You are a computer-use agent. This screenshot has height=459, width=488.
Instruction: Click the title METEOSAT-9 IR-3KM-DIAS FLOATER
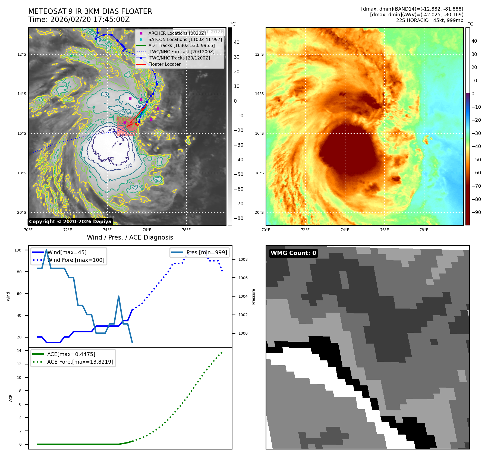pyautogui.click(x=90, y=11)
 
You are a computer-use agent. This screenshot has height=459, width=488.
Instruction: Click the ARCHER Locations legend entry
pyautogui.click(x=177, y=33)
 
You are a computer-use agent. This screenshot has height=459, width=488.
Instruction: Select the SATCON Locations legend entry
pyautogui.click(x=185, y=39)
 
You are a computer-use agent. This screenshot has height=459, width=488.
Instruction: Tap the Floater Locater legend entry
pyautogui.click(x=164, y=64)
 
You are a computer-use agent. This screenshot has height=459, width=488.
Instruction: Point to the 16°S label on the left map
pyautogui.click(x=22, y=134)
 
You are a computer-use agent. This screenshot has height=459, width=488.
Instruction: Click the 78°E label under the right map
pyautogui.click(x=424, y=230)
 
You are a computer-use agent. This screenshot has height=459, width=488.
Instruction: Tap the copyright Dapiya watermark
pyautogui.click(x=70, y=222)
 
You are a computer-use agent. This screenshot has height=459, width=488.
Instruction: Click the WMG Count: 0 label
pyautogui.click(x=293, y=253)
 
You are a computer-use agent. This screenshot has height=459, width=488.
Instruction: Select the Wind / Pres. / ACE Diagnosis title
pyautogui.click(x=130, y=238)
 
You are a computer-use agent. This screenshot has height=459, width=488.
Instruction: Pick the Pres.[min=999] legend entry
pyautogui.click(x=206, y=253)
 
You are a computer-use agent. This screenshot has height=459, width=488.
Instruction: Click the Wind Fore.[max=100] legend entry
pyautogui.click(x=76, y=260)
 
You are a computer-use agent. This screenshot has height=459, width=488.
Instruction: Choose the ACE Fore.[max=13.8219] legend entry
pyautogui.click(x=80, y=362)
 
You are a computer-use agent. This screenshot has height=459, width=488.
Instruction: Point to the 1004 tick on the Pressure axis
pyautogui.click(x=243, y=296)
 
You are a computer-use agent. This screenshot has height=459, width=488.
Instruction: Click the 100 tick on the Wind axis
pyautogui.click(x=18, y=250)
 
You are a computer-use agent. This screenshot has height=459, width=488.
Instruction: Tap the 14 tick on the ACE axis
pyautogui.click(x=19, y=351)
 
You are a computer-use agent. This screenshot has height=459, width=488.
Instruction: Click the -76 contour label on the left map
pyautogui.click(x=128, y=166)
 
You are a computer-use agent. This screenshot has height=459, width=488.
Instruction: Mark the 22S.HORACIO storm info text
pyautogui.click(x=429, y=20)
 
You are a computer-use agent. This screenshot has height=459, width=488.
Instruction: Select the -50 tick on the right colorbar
pyautogui.click(x=476, y=160)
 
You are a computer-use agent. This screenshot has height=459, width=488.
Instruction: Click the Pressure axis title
pyautogui.click(x=253, y=297)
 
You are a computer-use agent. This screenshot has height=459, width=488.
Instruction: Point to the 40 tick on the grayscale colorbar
pyautogui.click(x=237, y=42)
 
